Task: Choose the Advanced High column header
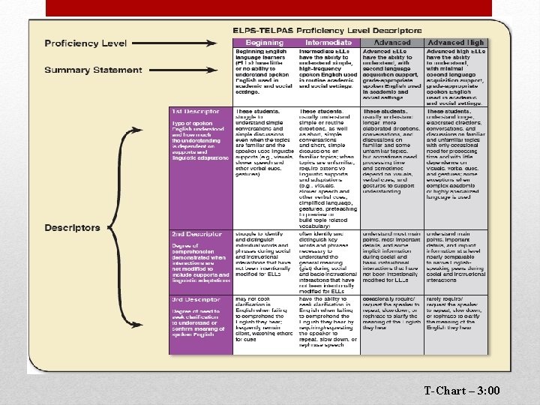point(457,43)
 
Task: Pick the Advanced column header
point(392,43)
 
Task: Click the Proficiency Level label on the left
point(85,43)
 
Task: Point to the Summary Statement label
point(92,70)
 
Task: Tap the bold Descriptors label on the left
point(72,227)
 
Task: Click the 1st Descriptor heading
point(196,111)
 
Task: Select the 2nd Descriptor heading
point(196,234)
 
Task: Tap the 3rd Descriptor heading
point(196,300)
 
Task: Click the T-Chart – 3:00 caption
point(461,391)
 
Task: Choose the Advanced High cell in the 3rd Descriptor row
point(457,319)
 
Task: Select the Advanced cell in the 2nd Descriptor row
point(392,259)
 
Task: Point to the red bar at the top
point(269,7)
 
